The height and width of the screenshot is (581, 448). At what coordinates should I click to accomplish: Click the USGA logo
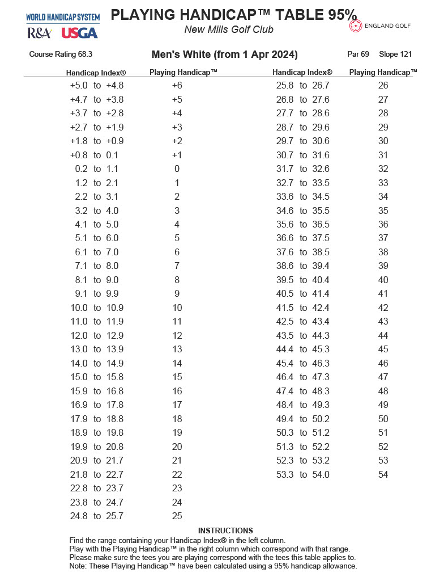tap(79, 33)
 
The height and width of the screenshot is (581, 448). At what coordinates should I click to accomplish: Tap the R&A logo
tap(40, 33)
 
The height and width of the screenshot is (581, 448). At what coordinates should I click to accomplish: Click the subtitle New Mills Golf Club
tap(229, 30)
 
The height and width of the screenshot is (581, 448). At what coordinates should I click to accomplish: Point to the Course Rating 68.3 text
tap(60, 54)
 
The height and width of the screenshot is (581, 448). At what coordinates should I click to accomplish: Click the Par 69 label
tap(358, 54)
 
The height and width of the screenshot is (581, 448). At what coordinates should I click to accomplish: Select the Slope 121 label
tap(395, 54)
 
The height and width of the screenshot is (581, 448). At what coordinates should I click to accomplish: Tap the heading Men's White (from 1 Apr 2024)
tap(225, 54)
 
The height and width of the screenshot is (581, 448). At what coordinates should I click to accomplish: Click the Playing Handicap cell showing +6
tap(177, 86)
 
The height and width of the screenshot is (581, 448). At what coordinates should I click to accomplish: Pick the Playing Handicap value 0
tap(177, 169)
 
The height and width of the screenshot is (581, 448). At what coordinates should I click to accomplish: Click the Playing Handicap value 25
tap(177, 516)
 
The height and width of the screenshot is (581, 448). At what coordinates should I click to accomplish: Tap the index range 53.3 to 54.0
tap(303, 475)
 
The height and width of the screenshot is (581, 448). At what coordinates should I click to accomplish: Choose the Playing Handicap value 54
tap(383, 475)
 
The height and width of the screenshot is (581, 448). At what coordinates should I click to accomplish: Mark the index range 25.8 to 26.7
tap(303, 86)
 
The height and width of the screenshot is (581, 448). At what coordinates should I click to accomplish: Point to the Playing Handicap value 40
tap(383, 280)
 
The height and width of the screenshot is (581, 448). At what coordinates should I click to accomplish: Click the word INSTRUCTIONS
tap(225, 531)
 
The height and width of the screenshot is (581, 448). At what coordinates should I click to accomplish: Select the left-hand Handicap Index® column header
tap(96, 73)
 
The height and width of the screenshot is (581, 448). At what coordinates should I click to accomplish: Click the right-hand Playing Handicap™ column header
tap(383, 72)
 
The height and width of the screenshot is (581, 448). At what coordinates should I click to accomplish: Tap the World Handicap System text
tap(62, 16)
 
